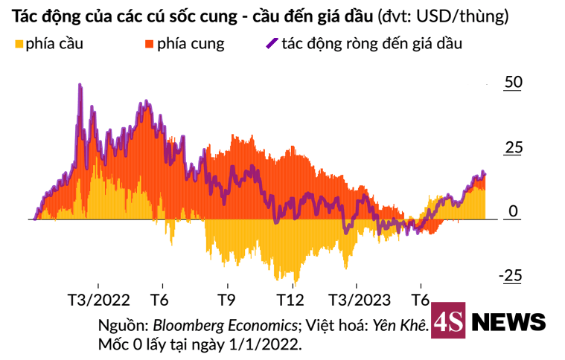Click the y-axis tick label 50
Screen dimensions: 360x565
pos(513,83)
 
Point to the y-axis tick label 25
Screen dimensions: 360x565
pos(513,147)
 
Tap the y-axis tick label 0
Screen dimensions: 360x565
pos(514,212)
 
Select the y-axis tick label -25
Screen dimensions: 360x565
pos(510,277)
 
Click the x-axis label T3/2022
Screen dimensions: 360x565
pos(98,300)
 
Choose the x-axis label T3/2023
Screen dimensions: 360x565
pos(359,300)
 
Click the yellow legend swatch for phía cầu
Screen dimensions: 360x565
pos(19,45)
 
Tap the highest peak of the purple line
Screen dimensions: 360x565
pos(80,86)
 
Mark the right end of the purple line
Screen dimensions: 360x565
pos(485,173)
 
